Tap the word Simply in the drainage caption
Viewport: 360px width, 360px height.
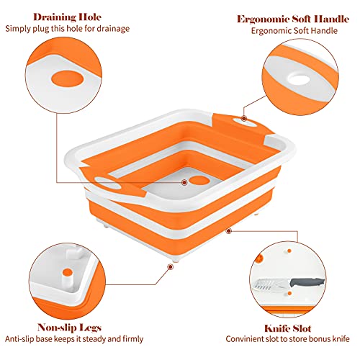point(19,29)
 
